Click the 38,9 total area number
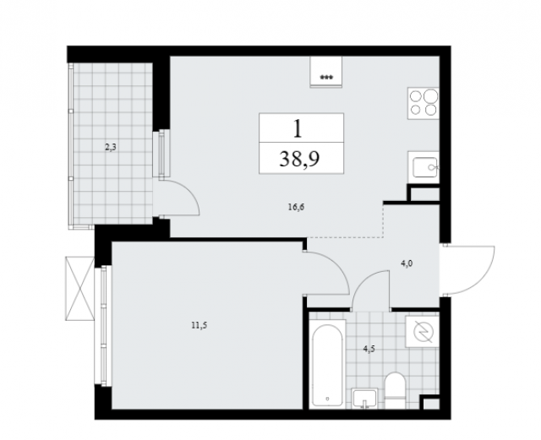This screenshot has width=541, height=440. tap(299, 159)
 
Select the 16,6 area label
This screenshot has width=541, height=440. tap(296, 207)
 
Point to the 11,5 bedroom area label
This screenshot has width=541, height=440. tap(199, 325)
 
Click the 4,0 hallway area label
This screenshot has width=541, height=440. tap(407, 263)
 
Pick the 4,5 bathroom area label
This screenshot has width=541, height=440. tap(369, 349)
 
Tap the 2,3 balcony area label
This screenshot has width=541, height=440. tap(111, 148)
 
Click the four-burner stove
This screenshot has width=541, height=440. tap(424, 103)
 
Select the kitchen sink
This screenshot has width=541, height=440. tap(424, 167)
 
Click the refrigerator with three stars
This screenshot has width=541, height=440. tap(326, 72)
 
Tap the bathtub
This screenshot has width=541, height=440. tap(327, 364)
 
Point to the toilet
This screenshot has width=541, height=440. tap(395, 391)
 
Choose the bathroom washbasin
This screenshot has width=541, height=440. tap(364, 399)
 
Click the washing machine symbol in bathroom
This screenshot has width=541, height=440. tap(423, 331)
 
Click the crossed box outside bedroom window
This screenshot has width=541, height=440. tap(79, 288)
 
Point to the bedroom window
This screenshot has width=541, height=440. tap(103, 326)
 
